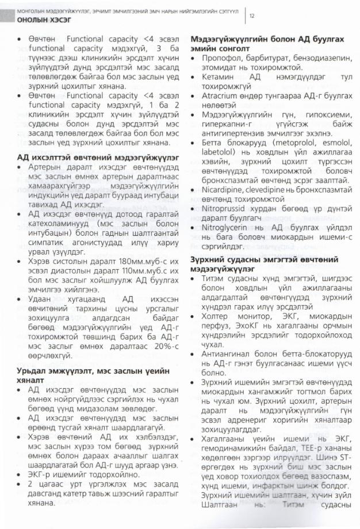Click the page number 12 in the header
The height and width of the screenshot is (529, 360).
tap(252, 16)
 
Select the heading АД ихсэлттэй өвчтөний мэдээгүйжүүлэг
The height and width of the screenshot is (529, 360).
tap(97, 156)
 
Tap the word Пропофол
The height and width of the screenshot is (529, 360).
tap(221, 59)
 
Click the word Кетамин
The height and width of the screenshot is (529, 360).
tap(217, 76)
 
